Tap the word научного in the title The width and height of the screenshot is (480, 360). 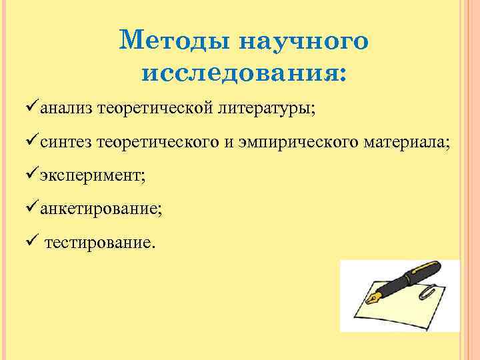pyautogui.click(x=303, y=41)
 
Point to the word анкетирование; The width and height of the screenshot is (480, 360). pyautogui.click(x=100, y=209)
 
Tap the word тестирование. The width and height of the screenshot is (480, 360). pyautogui.click(x=100, y=243)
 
